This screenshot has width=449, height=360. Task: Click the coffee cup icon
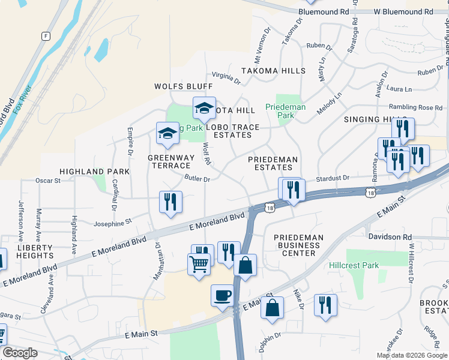pyautogui.click(x=222, y=295)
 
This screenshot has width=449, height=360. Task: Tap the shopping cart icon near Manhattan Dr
pyautogui.click(x=199, y=263)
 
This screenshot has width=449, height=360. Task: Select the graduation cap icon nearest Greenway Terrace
pyautogui.click(x=167, y=133)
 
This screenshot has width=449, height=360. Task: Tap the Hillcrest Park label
pyautogui.click(x=354, y=265)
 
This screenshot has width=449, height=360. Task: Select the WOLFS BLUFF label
pyautogui.click(x=175, y=86)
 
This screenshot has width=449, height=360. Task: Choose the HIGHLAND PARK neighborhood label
pyautogui.click(x=94, y=172)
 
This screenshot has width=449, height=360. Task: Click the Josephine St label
pyautogui.click(x=112, y=223)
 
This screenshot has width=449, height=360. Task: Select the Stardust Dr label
pyautogui.click(x=333, y=178)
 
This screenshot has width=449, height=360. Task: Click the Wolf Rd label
pyautogui.click(x=206, y=154)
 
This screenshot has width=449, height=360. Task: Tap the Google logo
pyautogui.click(x=20, y=353)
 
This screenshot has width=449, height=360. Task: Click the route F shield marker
pyautogui.click(x=45, y=36)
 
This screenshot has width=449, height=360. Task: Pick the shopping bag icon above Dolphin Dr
pyautogui.click(x=272, y=307)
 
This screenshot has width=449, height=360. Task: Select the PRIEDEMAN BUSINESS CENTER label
pyautogui.click(x=298, y=245)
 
